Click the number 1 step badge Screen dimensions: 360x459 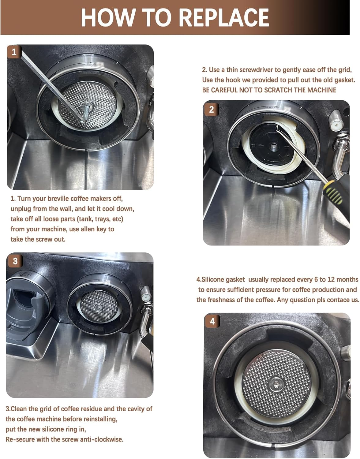(14, 52)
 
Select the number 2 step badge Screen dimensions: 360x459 (211, 110)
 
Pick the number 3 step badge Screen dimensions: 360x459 (15, 261)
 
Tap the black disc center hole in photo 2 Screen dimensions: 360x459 (274, 146)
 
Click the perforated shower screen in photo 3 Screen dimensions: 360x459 (99, 306)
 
